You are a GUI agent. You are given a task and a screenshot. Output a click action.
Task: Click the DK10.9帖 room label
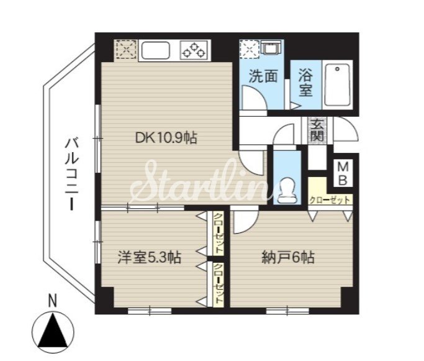(x=166, y=138)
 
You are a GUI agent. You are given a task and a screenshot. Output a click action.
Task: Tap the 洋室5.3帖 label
(x=149, y=257)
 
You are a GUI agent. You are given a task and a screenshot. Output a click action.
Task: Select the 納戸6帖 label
(x=288, y=257)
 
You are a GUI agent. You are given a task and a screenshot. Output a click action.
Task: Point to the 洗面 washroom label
(x=263, y=76)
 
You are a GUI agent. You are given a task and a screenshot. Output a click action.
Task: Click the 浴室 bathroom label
(x=305, y=83)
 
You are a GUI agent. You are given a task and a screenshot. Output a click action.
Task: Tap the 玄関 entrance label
(x=317, y=130)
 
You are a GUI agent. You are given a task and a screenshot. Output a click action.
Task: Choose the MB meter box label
(x=343, y=173)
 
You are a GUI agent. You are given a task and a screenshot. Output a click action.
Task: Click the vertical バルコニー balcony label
(x=71, y=174)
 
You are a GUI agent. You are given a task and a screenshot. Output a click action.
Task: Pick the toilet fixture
(x=287, y=191)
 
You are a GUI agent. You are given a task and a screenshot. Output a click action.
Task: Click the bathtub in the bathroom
(x=338, y=85)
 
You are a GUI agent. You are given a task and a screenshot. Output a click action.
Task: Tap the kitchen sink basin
(x=156, y=50)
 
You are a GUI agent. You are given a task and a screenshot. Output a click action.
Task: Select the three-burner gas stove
(x=194, y=50)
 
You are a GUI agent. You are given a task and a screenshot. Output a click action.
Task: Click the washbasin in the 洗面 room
(x=270, y=48)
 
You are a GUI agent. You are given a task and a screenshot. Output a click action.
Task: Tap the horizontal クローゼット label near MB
(x=330, y=201)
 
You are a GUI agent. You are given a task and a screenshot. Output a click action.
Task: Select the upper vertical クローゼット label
(x=219, y=233)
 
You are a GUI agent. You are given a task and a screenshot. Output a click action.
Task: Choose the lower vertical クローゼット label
(x=219, y=284)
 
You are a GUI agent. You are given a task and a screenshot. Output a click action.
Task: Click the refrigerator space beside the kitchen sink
(x=125, y=49)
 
